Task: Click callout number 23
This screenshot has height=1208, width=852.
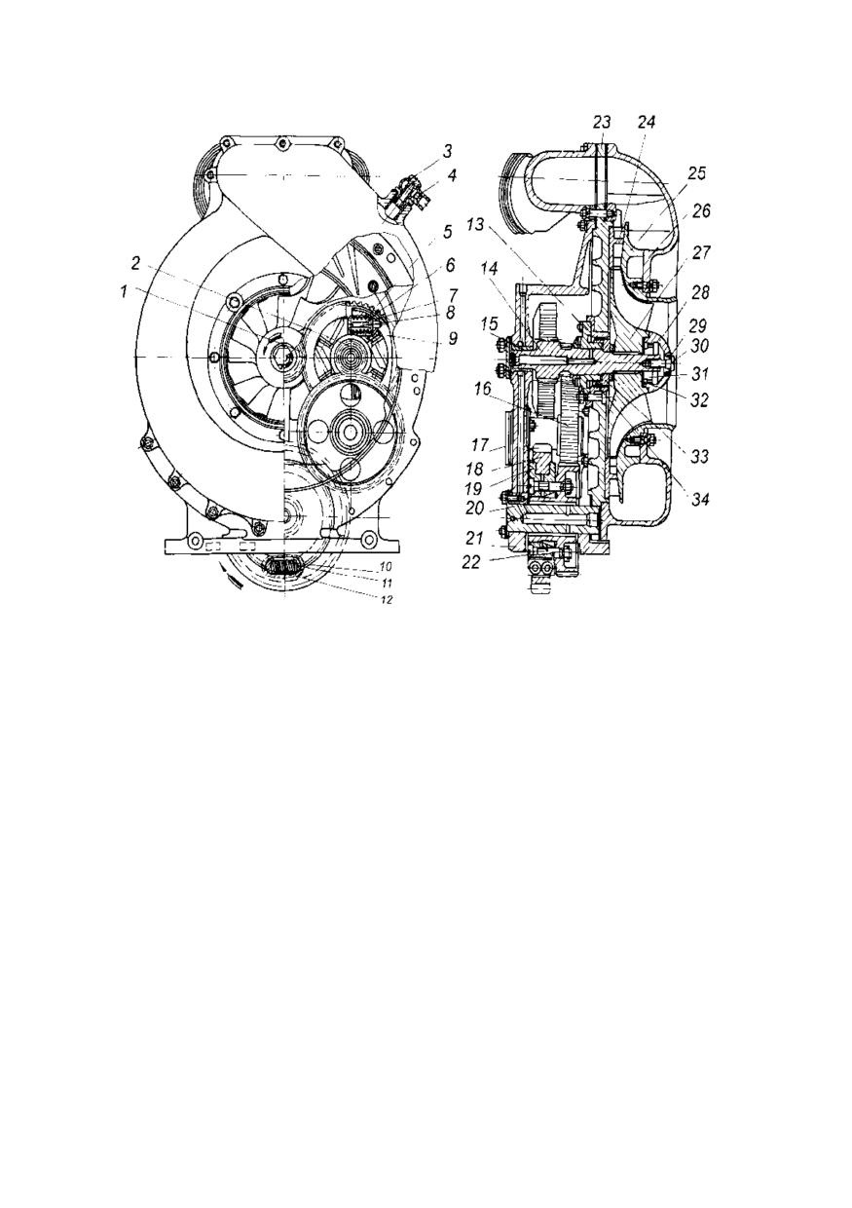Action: pyautogui.click(x=602, y=123)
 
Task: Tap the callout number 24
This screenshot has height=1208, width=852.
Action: pyautogui.click(x=646, y=123)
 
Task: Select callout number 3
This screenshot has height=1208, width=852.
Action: pyautogui.click(x=447, y=152)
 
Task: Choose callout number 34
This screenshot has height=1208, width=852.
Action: pyautogui.click(x=699, y=501)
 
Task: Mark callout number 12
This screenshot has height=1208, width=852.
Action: pyautogui.click(x=388, y=600)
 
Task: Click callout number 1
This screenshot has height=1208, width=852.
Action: pyautogui.click(x=125, y=291)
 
